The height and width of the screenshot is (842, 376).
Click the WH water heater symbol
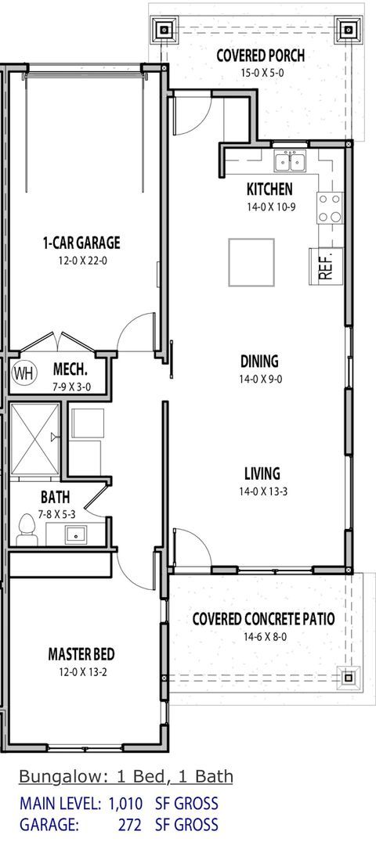(23, 373)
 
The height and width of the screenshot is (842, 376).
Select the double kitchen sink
(290, 162)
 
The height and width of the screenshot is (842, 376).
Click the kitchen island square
(251, 262)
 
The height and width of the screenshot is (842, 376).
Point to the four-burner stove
(330, 207)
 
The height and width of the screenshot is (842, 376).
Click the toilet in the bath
(27, 533)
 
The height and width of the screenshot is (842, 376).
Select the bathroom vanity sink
(76, 534)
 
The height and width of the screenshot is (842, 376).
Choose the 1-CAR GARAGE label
(81, 243)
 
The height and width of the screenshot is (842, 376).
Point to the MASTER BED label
(82, 653)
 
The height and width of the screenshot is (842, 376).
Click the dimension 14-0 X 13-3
(261, 491)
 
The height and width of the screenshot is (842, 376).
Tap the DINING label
(259, 362)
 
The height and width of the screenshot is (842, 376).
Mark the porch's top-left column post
(166, 31)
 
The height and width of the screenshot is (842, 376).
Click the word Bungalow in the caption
(54, 777)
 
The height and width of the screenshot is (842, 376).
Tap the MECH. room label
(70, 369)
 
